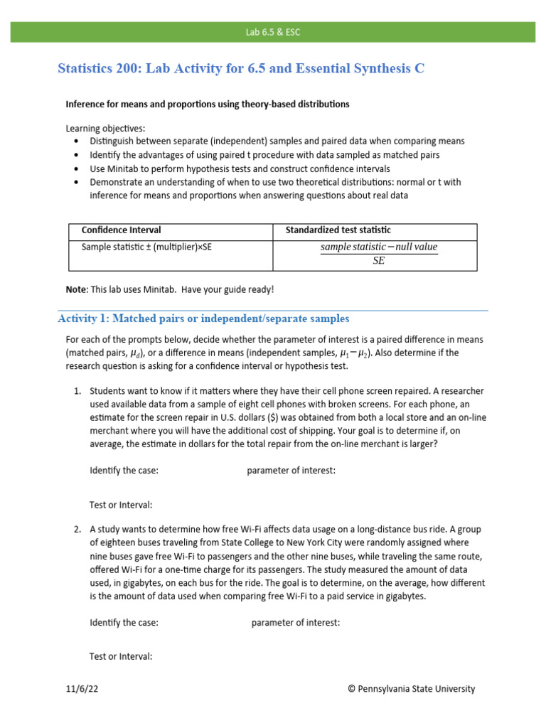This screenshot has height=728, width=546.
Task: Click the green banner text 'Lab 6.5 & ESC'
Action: click(x=273, y=32)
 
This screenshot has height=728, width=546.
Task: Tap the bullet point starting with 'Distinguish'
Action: click(x=277, y=141)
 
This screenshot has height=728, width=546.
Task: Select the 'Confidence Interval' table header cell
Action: click(x=122, y=230)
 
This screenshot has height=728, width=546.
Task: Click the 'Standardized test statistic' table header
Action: click(x=338, y=230)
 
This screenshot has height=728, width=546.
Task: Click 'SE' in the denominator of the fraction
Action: click(x=378, y=261)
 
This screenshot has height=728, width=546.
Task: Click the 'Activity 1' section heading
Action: click(x=203, y=318)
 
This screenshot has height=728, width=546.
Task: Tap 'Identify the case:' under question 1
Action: click(x=124, y=471)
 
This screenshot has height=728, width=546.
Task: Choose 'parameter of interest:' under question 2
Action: click(x=296, y=623)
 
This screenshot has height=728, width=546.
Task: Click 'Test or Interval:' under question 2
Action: click(x=121, y=657)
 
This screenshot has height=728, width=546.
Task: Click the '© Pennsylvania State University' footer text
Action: click(x=411, y=689)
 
